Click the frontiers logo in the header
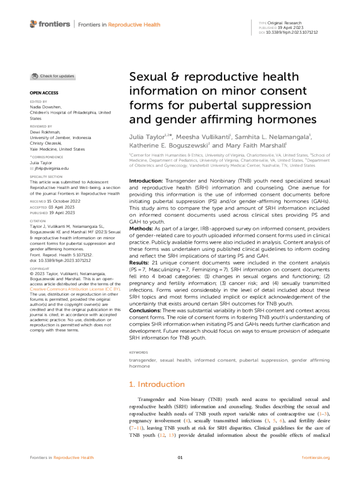coord(50,24)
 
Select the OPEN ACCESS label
coord(44,93)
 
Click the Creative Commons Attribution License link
coord(72,290)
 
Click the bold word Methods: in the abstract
coord(142,228)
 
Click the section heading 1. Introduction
coord(157,385)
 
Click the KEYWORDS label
coord(138,352)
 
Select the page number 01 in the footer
coord(180,457)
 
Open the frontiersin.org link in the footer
coord(316,457)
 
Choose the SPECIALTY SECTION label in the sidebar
coord(46,176)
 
